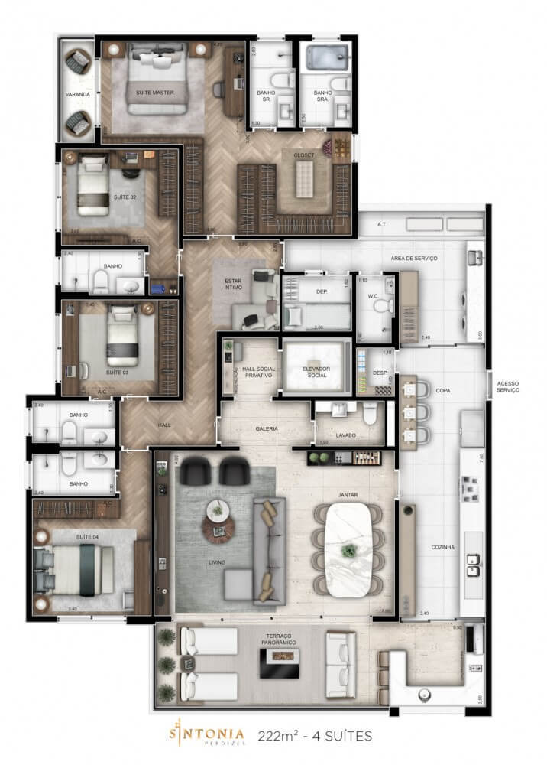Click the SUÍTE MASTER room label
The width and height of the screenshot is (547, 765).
pyautogui.click(x=155, y=93)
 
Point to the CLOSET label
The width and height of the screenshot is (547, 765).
pyautogui.click(x=303, y=155)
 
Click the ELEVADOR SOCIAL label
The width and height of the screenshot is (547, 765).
pyautogui.click(x=316, y=372)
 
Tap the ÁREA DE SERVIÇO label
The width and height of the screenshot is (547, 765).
pyautogui.click(x=413, y=259)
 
